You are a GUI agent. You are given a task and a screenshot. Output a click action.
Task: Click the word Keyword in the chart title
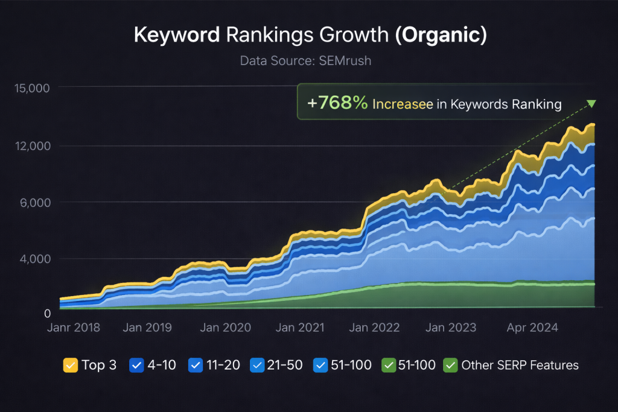point(176,35)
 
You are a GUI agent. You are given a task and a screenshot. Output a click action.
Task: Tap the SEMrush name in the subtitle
point(351,60)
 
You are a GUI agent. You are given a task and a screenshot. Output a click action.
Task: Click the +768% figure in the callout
point(337,104)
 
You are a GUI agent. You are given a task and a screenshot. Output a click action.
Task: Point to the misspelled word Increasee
point(403,104)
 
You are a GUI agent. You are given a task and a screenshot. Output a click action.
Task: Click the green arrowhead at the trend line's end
point(591,104)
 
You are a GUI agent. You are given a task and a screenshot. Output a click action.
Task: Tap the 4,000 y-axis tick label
point(34,259)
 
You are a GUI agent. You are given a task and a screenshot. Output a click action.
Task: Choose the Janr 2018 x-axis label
point(74,328)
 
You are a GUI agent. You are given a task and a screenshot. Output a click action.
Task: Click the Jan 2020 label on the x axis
point(225,328)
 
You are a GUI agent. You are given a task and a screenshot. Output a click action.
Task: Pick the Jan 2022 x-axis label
point(374,328)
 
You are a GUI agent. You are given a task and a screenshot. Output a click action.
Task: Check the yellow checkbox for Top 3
point(70,365)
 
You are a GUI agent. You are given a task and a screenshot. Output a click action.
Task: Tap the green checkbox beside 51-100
point(389,365)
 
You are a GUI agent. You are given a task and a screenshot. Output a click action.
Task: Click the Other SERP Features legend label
point(520,365)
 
